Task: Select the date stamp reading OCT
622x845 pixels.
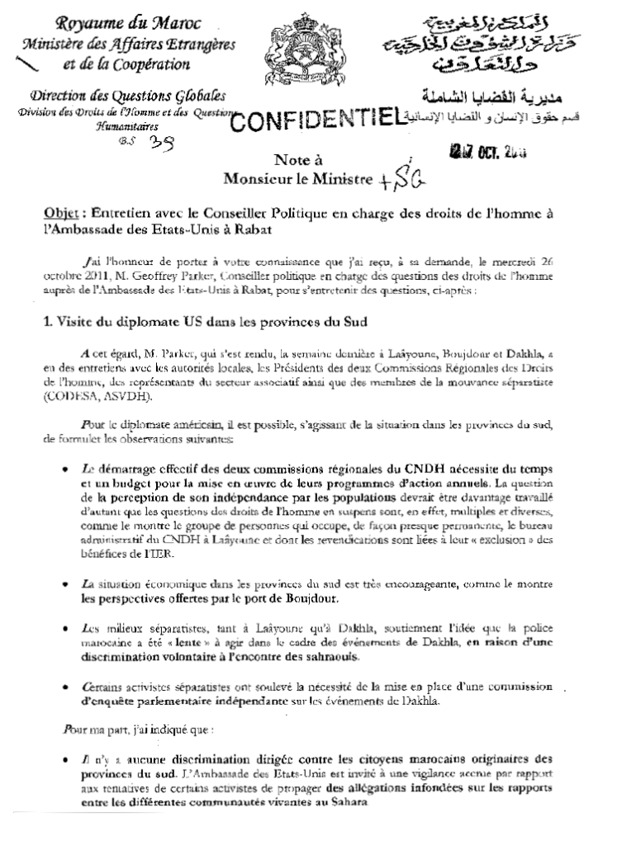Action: pos(488,150)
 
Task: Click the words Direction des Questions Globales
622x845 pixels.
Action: pos(127,97)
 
